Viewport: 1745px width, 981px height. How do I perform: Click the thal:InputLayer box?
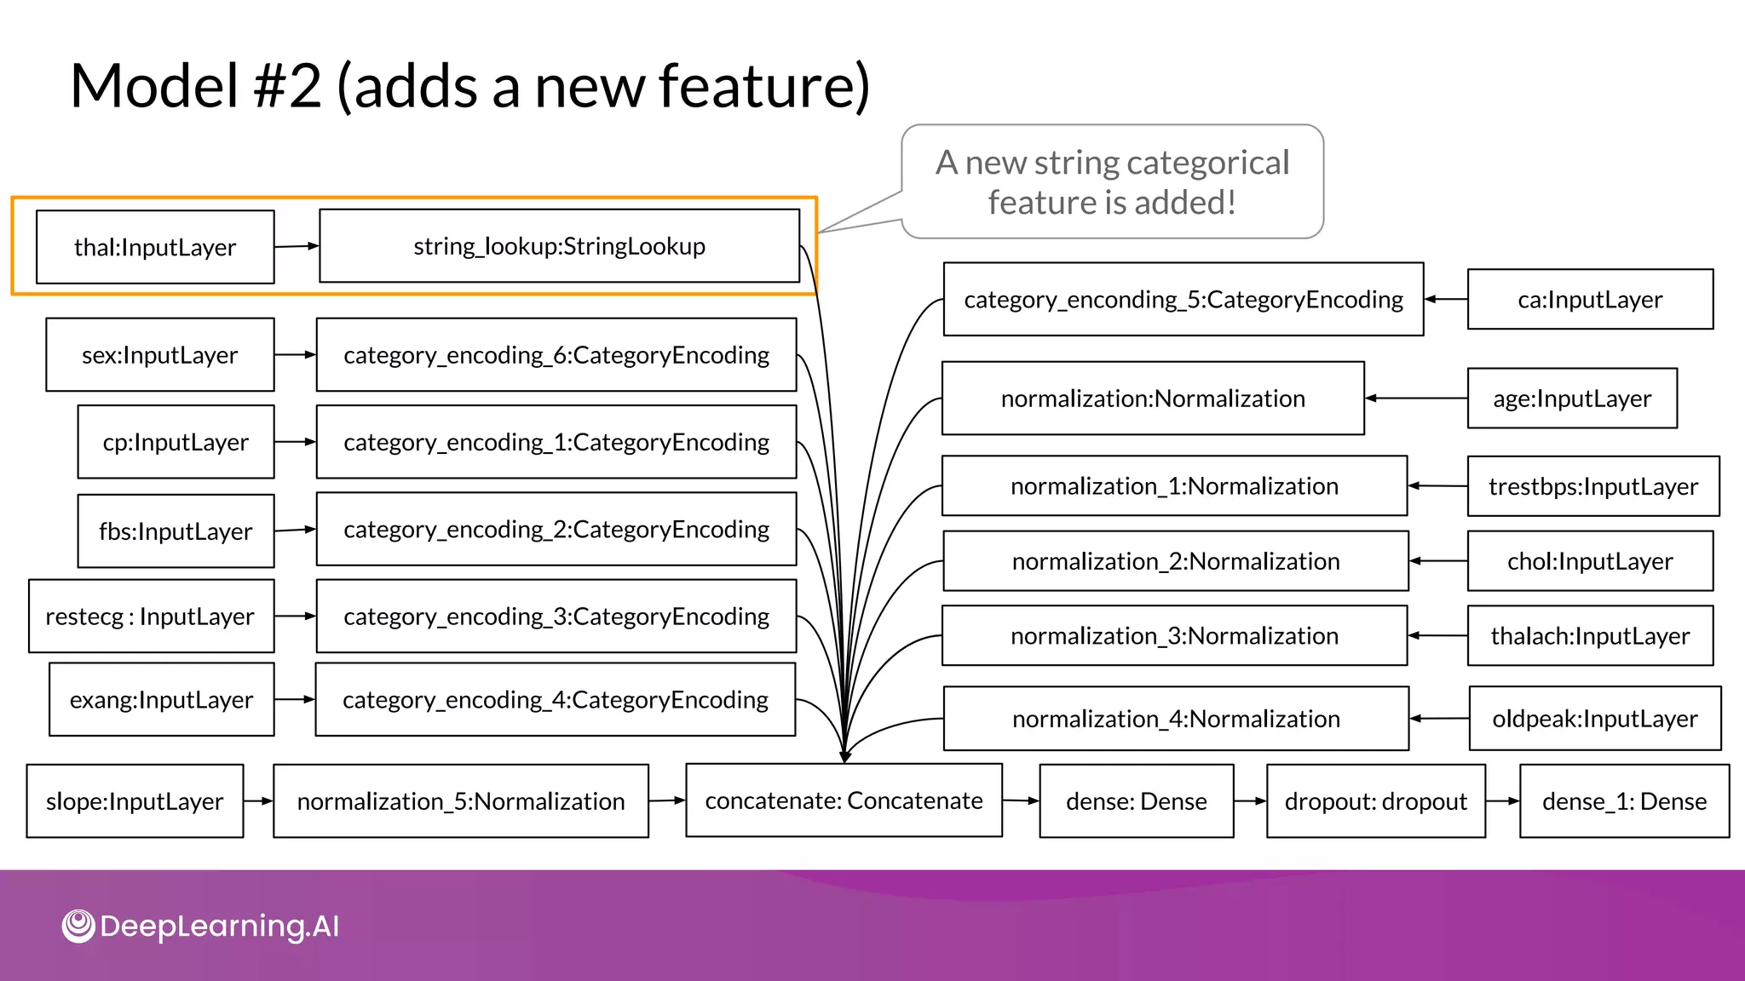tap(155, 247)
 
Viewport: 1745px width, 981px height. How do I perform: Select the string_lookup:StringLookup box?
tap(559, 246)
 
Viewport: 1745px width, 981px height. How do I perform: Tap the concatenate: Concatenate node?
tap(844, 800)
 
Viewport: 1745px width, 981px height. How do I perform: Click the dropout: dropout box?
tap(1375, 801)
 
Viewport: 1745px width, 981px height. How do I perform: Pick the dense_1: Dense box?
tap(1624, 801)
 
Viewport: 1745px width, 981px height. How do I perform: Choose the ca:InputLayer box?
tap(1590, 300)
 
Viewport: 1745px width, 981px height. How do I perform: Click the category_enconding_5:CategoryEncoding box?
tap(1183, 300)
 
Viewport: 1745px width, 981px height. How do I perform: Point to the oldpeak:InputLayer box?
tap(1594, 719)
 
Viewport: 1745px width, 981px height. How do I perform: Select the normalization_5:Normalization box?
tap(460, 801)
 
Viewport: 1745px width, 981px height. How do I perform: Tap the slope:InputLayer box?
tap(135, 801)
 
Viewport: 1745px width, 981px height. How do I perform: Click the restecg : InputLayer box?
tap(151, 617)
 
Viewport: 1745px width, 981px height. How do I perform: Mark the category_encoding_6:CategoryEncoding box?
tap(556, 355)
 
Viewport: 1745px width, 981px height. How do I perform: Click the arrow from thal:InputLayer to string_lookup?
tap(297, 246)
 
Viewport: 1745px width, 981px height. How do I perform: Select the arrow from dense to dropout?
tap(1250, 801)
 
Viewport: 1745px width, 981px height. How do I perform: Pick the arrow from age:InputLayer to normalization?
tap(1415, 398)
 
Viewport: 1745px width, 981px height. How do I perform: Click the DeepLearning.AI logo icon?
tap(78, 926)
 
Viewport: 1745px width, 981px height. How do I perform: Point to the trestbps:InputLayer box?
tap(1592, 486)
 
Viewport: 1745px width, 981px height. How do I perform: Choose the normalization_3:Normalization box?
tap(1174, 636)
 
